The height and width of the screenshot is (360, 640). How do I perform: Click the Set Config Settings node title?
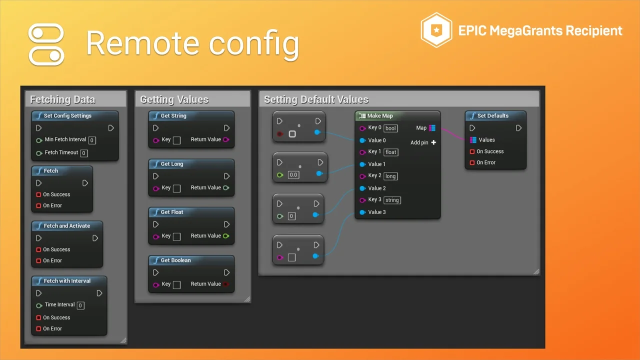(x=67, y=115)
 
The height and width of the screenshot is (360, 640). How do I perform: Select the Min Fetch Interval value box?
(x=92, y=140)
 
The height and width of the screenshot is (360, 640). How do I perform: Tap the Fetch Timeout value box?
(x=84, y=153)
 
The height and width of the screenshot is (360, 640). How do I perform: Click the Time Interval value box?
(x=80, y=305)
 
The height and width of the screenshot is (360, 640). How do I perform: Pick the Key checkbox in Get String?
(x=177, y=140)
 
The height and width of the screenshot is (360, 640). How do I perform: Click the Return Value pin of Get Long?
(x=226, y=187)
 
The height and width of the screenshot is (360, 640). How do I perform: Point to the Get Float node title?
(x=172, y=212)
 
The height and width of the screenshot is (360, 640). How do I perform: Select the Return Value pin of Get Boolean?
(x=226, y=284)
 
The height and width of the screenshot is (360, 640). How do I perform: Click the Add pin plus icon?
(x=433, y=142)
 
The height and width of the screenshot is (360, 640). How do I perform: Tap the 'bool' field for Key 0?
(x=390, y=128)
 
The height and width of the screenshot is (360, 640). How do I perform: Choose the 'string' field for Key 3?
(x=392, y=200)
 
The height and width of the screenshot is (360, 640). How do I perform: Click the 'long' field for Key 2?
(x=390, y=176)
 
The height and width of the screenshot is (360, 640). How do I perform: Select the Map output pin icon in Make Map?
(x=432, y=128)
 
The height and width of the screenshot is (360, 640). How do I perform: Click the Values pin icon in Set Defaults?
(x=473, y=139)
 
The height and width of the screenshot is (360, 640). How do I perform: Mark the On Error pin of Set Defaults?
(x=472, y=162)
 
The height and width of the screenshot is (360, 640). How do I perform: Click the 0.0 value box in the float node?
(x=293, y=175)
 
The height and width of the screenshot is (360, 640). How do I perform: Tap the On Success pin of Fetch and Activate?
(x=38, y=249)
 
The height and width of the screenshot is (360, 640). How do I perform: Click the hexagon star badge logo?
(x=436, y=30)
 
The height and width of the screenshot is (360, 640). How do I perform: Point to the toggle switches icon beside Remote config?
(x=46, y=44)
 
